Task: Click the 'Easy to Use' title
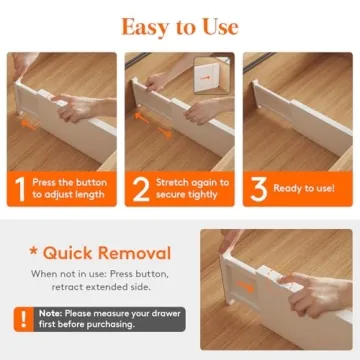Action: click(x=180, y=25)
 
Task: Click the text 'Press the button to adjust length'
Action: click(x=70, y=188)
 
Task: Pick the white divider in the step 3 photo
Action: click(x=300, y=115)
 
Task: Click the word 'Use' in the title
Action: click(x=217, y=25)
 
